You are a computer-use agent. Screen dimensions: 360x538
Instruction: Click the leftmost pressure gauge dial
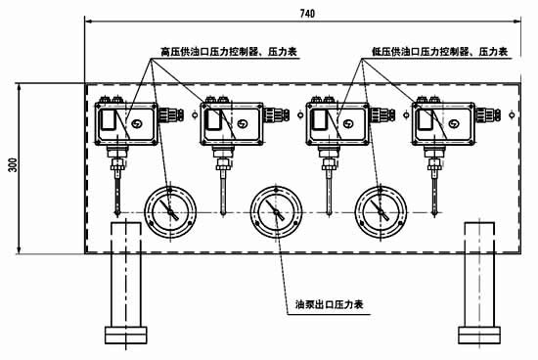point(169,209)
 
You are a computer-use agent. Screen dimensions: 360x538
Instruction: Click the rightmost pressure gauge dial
point(381,209)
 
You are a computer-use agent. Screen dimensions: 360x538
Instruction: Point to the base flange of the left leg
point(127,334)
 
